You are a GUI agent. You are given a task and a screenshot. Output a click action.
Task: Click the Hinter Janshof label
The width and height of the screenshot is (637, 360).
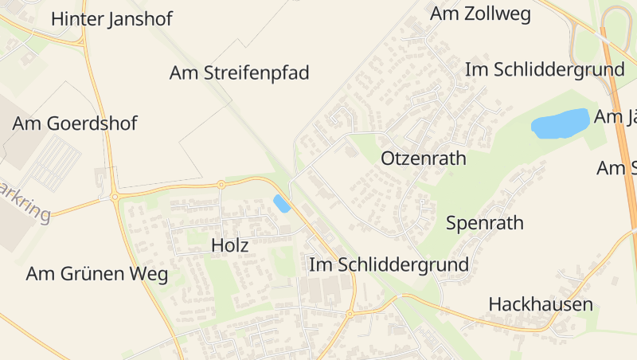[x=111, y=19]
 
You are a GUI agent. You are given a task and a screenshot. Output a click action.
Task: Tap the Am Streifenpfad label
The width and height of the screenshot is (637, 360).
[x=239, y=73]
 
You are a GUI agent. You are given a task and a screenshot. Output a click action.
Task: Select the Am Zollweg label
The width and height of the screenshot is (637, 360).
[x=480, y=14]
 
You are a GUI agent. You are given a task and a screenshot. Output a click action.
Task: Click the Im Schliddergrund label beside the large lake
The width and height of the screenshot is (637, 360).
[x=545, y=69]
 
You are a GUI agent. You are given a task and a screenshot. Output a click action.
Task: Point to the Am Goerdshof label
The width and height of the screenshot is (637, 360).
[x=75, y=123]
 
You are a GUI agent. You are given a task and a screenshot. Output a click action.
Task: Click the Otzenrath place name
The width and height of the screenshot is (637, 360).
[x=424, y=158]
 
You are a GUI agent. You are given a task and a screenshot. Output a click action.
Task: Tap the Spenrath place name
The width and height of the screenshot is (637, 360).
[x=485, y=222]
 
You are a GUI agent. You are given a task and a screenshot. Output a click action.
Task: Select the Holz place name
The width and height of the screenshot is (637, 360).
[x=230, y=245]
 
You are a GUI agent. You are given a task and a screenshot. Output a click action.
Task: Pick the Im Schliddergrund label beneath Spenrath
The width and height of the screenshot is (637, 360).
[x=389, y=264]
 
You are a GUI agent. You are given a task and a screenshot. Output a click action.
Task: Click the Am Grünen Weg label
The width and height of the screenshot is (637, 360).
[x=97, y=274]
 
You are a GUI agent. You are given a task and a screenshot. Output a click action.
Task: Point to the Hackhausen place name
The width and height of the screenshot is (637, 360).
[x=541, y=304]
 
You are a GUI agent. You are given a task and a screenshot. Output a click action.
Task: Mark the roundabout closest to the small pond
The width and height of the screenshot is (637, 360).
[x=221, y=184]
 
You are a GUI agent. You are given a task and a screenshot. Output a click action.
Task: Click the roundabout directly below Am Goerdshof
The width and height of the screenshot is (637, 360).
[x=115, y=196]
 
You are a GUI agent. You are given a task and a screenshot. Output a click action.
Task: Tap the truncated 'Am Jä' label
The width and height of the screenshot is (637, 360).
[x=616, y=117]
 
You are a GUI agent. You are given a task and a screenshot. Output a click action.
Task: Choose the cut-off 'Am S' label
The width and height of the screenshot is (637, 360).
[x=617, y=168]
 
